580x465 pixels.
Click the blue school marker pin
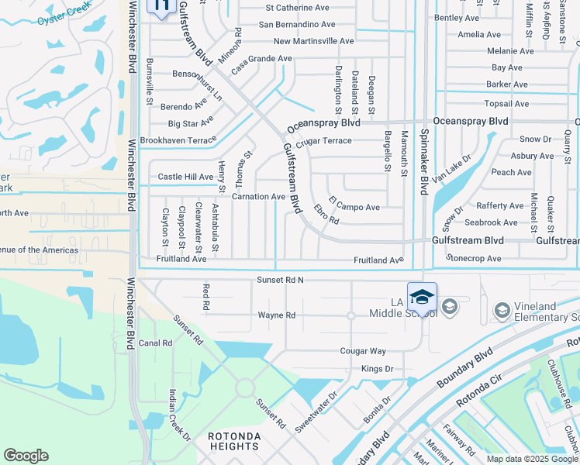pyautogui.click(x=422, y=298)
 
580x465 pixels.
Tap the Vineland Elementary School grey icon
pyautogui.click(x=502, y=310)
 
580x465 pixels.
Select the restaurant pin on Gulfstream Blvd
pyautogui.click(x=161, y=7)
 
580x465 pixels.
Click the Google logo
pyautogui.click(x=26, y=456)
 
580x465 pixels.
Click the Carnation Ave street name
pyautogui.click(x=258, y=197)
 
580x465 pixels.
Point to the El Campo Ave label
pyautogui.click(x=354, y=208)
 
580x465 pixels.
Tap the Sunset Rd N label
pyautogui.click(x=280, y=279)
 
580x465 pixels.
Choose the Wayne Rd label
pyautogui.click(x=277, y=315)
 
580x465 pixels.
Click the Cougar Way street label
pyautogui.click(x=362, y=351)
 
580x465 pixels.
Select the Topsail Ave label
pyautogui.click(x=505, y=103)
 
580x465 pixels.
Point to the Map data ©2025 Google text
pyautogui.click(x=532, y=459)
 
